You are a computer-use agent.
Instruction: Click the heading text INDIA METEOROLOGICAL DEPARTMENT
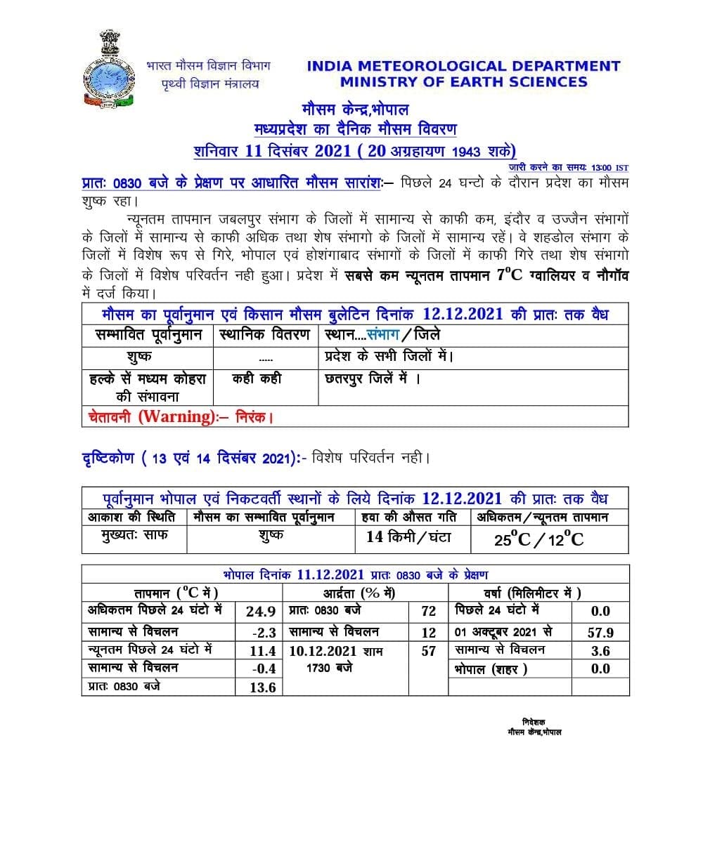click(x=463, y=66)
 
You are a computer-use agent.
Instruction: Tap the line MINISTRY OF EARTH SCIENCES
click(x=463, y=81)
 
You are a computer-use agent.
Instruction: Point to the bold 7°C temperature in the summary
click(x=510, y=275)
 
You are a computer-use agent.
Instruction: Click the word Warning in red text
click(x=176, y=416)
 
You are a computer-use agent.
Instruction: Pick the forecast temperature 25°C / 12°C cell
click(x=538, y=539)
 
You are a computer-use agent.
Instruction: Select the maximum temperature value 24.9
click(x=260, y=612)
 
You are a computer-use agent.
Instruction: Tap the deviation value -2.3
click(x=264, y=632)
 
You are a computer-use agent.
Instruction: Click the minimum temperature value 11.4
click(x=262, y=651)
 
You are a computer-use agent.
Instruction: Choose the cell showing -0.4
click(x=264, y=668)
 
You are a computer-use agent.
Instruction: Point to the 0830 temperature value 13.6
click(x=262, y=687)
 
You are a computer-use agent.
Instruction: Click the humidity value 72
click(x=428, y=612)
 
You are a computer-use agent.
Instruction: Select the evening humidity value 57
click(x=428, y=651)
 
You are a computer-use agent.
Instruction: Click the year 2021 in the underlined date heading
click(x=333, y=151)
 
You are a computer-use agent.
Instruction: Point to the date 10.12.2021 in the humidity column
click(x=323, y=651)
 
